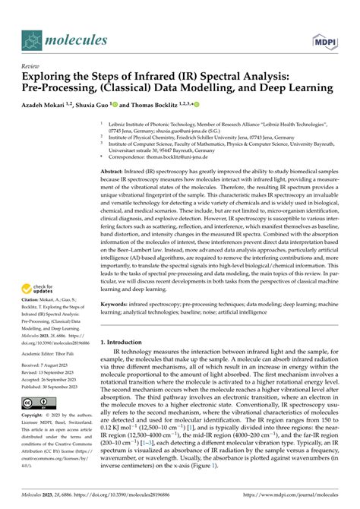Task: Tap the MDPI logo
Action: [324, 38]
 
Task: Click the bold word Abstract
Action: [113, 172]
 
